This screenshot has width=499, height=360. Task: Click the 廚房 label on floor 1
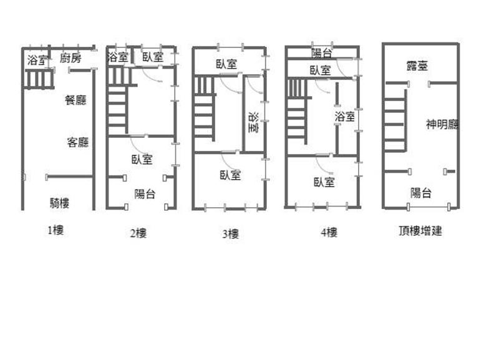tap(70, 58)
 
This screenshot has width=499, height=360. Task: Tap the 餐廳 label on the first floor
tap(75, 100)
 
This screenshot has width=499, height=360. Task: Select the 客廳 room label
tap(78, 142)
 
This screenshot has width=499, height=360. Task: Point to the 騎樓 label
tap(59, 203)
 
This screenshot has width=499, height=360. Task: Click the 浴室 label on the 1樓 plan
tap(37, 60)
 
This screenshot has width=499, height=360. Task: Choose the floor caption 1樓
tap(56, 230)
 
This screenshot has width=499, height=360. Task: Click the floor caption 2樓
tap(138, 233)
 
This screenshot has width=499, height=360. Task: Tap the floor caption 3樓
tap(230, 234)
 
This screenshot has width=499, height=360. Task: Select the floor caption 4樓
tap(329, 232)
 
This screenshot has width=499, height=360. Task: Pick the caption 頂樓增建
tap(420, 230)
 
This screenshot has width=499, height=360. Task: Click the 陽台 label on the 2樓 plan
tap(145, 193)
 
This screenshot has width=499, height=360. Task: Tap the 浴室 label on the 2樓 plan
tap(117, 57)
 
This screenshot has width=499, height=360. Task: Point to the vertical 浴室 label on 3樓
tap(254, 122)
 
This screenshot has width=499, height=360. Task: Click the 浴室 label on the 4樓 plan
tap(345, 117)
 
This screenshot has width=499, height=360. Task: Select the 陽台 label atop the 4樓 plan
tap(321, 53)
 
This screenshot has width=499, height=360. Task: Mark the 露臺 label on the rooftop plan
tap(417, 66)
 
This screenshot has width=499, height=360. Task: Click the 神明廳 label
tap(442, 124)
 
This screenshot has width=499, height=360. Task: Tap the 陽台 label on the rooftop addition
tap(420, 193)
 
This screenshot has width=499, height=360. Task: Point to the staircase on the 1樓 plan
tap(39, 79)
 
